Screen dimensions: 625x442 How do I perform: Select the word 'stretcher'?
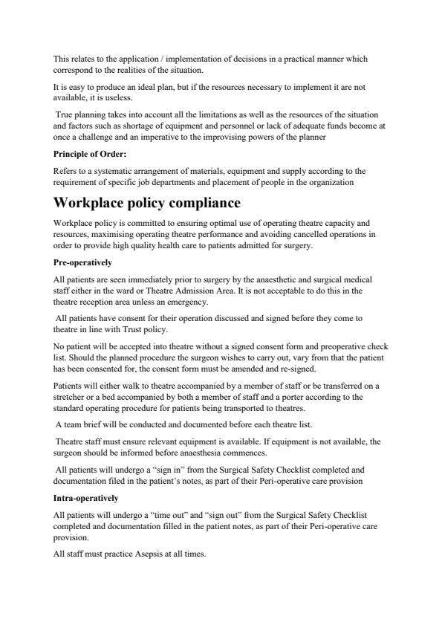click(71, 398)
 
